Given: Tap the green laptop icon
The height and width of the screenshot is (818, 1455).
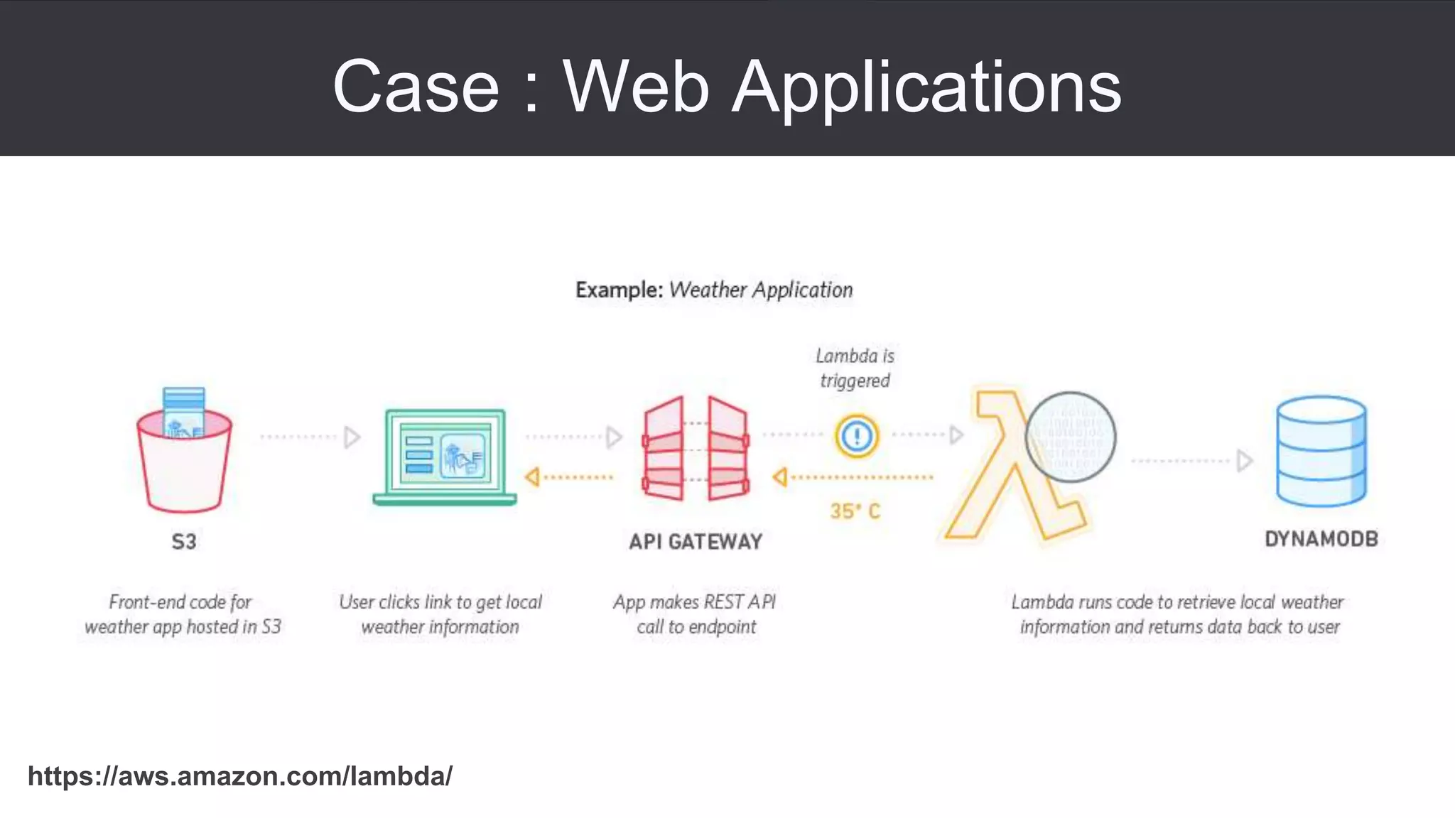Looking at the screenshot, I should pyautogui.click(x=445, y=456).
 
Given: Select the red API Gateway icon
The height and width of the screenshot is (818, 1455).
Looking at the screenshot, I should pyautogui.click(x=696, y=449).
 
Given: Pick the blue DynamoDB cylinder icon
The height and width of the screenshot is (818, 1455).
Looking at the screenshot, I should pyautogui.click(x=1321, y=452).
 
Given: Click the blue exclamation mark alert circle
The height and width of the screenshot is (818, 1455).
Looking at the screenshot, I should pyautogui.click(x=857, y=435).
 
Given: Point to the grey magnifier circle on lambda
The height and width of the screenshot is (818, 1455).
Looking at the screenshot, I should pyautogui.click(x=1071, y=437).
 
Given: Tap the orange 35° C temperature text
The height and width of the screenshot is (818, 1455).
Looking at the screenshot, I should pyautogui.click(x=855, y=511).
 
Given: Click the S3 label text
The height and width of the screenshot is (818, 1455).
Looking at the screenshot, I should pyautogui.click(x=184, y=542).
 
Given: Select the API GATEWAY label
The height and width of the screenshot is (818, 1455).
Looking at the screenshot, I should pyautogui.click(x=696, y=542).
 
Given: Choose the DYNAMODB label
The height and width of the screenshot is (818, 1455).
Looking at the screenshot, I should pyautogui.click(x=1321, y=539).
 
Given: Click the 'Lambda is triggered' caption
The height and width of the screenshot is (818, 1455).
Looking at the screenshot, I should pyautogui.click(x=855, y=368).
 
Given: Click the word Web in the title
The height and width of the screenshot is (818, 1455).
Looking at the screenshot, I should pyautogui.click(x=636, y=87).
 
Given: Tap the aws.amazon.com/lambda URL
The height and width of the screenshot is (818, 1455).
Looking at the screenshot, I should pyautogui.click(x=239, y=776).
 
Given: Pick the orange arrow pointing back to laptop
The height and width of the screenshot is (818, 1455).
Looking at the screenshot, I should pyautogui.click(x=568, y=477).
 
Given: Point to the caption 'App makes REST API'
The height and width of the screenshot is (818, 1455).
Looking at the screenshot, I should pyautogui.click(x=695, y=602).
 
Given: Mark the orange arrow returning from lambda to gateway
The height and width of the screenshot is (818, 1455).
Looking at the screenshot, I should pyautogui.click(x=853, y=477).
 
